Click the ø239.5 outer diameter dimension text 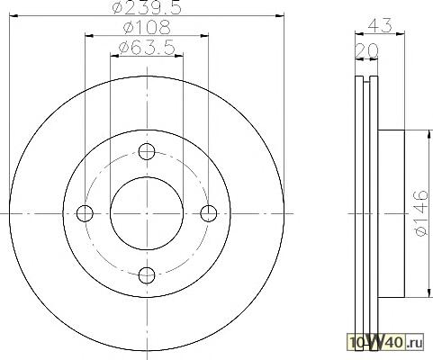click(147, 7)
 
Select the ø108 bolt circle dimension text click(147, 27)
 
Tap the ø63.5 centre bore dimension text click(147, 48)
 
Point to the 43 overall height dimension click(380, 25)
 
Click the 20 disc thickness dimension click(366, 50)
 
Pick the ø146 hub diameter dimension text click(420, 212)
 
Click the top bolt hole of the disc click(147, 151)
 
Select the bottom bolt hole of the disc click(147, 275)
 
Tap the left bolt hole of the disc click(85, 213)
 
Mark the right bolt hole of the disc click(209, 213)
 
